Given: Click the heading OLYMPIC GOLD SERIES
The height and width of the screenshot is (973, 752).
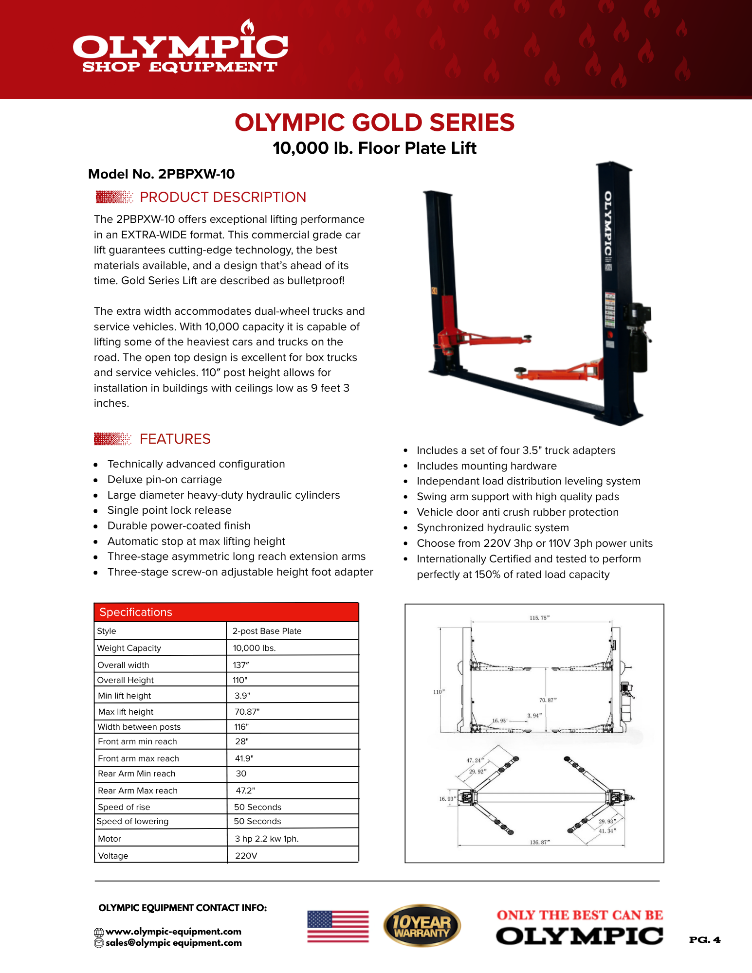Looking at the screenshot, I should [x=374, y=123].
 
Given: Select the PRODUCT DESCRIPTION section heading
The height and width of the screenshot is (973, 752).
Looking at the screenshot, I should [x=222, y=197].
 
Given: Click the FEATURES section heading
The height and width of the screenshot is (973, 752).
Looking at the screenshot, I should [x=175, y=439].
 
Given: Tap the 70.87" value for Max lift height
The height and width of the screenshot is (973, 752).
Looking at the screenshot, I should [x=247, y=712].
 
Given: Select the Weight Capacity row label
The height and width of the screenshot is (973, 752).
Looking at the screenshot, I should [x=129, y=648].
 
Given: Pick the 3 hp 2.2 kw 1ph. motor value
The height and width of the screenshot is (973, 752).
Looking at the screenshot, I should [x=267, y=839].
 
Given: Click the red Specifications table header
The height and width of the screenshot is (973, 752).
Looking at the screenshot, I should [x=226, y=612].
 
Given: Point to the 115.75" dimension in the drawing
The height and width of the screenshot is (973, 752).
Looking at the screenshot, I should [x=539, y=618].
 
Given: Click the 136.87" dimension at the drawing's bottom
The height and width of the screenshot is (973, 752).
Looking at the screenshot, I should [x=539, y=842].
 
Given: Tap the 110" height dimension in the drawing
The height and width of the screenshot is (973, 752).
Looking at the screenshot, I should [x=439, y=692].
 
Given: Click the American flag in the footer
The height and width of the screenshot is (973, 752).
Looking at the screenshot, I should [x=338, y=926].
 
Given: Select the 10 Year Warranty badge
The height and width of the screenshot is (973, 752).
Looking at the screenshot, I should [x=422, y=926].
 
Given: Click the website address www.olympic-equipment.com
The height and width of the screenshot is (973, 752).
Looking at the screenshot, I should [x=173, y=932].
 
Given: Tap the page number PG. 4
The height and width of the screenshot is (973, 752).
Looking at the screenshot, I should [x=704, y=940].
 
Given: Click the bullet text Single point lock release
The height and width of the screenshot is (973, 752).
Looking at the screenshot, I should [x=169, y=510].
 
